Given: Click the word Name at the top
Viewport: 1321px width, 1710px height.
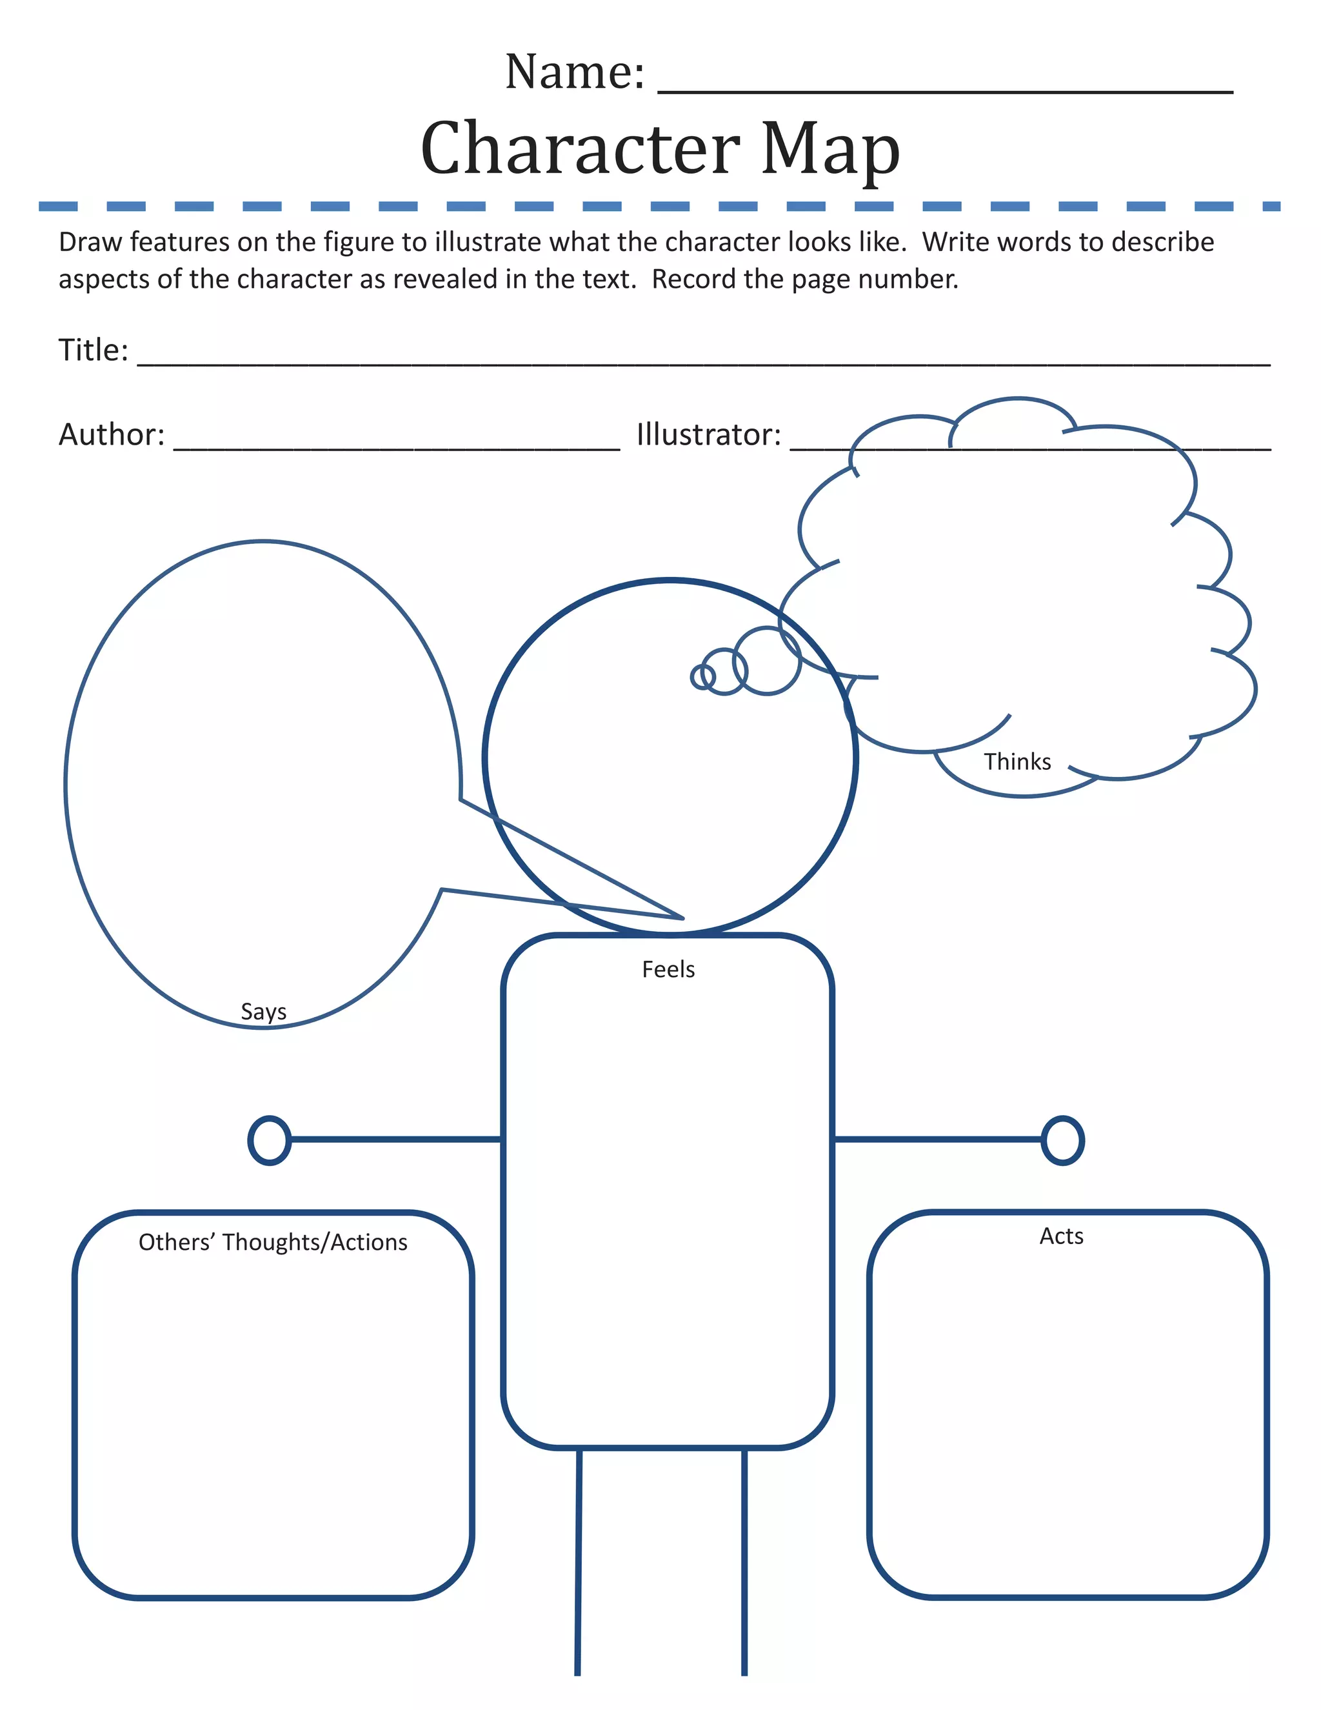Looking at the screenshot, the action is pos(573,72).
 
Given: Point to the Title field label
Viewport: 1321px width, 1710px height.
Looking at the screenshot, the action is pos(92,350).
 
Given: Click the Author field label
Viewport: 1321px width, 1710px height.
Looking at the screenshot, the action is pos(111,434).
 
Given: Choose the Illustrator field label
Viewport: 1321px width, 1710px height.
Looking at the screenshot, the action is pos(708,434).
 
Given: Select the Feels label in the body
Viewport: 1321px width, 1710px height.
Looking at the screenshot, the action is pos(668,969).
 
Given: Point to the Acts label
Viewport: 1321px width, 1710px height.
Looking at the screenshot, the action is pos(1061,1236).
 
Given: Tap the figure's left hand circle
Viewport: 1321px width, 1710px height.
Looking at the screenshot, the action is pos(269,1141).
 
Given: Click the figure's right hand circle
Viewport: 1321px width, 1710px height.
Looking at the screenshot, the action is pos(1062,1141).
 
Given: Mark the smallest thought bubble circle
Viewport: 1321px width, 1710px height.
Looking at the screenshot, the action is pos(703,676).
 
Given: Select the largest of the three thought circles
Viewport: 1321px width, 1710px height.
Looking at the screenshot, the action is pos(767,661).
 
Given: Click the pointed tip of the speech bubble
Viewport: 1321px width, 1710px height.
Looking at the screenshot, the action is pos(682,918).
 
